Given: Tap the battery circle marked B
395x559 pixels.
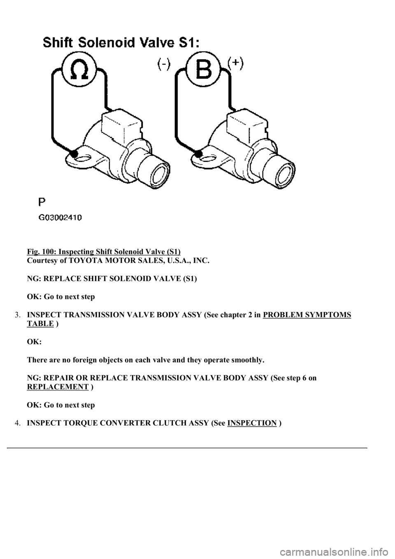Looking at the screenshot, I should (203, 70).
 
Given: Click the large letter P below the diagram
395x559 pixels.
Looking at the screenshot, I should (42, 201).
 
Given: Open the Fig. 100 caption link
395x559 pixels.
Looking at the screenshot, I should (104, 252).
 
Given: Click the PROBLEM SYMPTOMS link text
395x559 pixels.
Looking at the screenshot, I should (307, 315).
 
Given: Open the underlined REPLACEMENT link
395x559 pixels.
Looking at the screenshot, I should (58, 387).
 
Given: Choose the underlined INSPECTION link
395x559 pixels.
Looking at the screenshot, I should (251, 423).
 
